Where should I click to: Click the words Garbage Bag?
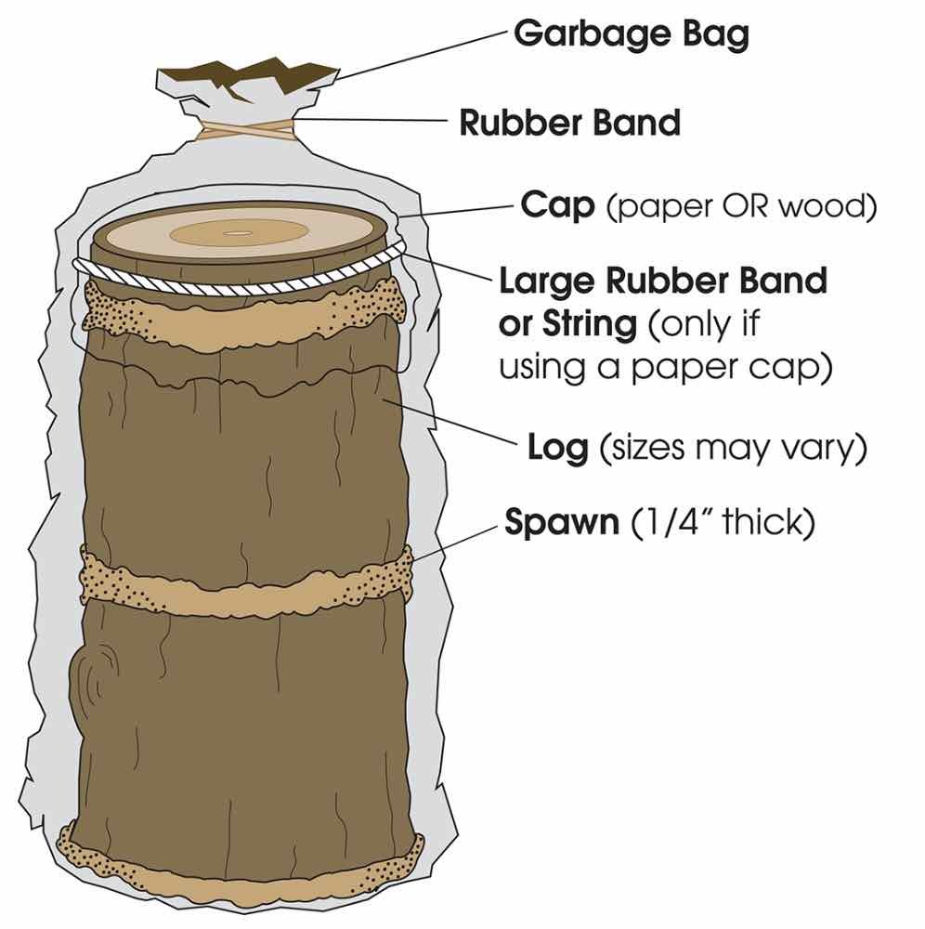click(x=631, y=34)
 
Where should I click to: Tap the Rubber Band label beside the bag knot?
click(x=569, y=122)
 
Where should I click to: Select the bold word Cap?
click(x=557, y=205)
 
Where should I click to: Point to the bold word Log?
click(x=557, y=449)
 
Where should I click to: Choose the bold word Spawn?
click(x=561, y=522)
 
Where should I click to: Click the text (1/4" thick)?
click(x=722, y=522)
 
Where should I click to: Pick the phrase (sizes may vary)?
click(x=733, y=449)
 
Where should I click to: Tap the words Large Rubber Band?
click(x=663, y=280)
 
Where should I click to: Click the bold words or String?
click(x=568, y=323)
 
